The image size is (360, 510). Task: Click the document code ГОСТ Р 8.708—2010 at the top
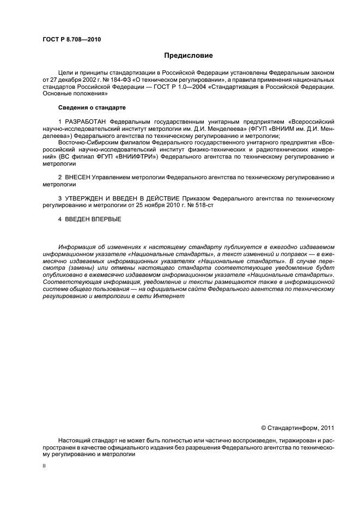click(71, 40)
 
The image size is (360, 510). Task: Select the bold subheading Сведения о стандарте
click(84, 107)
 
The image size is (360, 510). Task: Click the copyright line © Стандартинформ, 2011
click(297, 428)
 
